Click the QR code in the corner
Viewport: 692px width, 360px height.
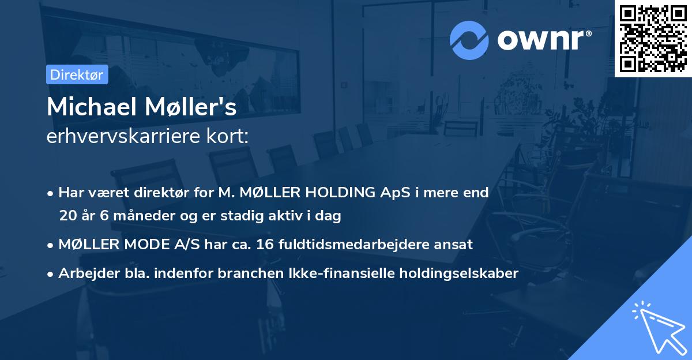pos(653,38)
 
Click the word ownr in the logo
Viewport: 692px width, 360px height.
pos(540,40)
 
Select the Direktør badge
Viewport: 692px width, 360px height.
pos(77,74)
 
